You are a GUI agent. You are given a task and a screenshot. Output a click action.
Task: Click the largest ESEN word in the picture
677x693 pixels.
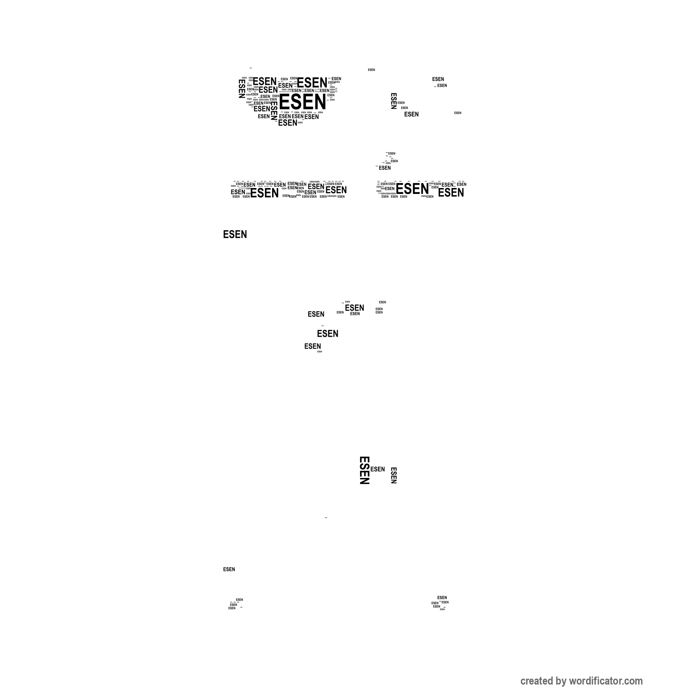coord(303,102)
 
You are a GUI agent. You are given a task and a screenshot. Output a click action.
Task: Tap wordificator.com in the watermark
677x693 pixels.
coord(605,681)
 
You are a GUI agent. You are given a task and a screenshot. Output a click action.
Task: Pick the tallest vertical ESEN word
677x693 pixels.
coord(364,470)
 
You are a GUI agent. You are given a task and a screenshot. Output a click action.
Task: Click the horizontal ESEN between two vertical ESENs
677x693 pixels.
coord(377,469)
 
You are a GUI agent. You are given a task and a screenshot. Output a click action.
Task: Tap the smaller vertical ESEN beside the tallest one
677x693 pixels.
coord(394,475)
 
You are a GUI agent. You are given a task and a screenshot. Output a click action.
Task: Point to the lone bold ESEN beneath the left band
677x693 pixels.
coord(235,235)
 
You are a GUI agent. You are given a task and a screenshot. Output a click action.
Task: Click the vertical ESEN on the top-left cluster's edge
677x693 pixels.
coord(242,89)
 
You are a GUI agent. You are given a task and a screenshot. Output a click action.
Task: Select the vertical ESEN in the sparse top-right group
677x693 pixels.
coord(394,101)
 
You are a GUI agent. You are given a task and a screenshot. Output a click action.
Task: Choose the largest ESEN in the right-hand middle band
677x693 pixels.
coord(412,188)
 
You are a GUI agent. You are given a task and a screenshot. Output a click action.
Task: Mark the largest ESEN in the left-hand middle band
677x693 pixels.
coord(264,193)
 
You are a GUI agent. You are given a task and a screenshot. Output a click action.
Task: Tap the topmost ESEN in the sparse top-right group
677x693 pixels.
coord(438,79)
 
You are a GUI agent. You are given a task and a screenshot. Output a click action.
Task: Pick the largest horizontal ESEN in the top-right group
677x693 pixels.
coord(411,114)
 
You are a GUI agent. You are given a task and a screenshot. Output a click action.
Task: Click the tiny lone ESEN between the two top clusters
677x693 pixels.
coord(372,70)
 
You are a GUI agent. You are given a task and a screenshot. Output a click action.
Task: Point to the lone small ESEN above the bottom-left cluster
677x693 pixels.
coord(229,569)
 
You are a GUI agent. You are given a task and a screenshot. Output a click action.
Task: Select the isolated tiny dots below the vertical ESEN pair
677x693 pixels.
coord(326,518)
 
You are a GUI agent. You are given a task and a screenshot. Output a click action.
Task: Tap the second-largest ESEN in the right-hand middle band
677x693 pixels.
coord(451,193)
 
